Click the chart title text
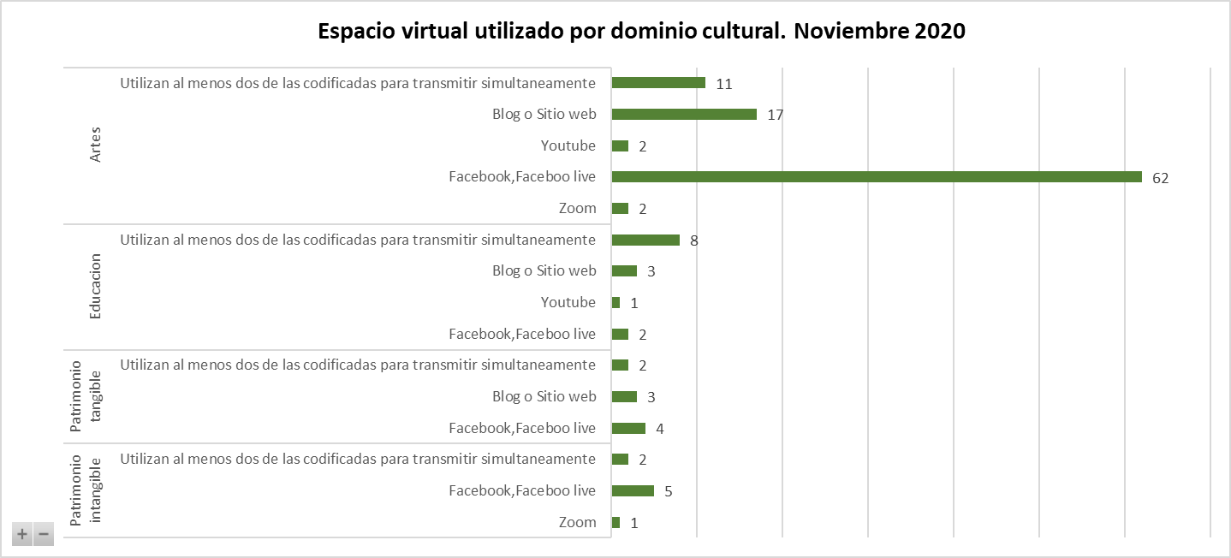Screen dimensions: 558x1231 coord(641,32)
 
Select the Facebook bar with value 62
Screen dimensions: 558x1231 coord(877,177)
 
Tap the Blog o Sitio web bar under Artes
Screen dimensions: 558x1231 coord(684,115)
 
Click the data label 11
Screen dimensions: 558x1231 coord(724,84)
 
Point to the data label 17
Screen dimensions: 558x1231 coord(776,115)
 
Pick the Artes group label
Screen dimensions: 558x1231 coord(96,146)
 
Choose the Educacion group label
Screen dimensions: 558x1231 coord(96,287)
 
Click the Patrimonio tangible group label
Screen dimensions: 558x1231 coord(86,396)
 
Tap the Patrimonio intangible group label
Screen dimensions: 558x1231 coord(86,490)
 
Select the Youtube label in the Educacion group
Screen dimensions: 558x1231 coord(568,302)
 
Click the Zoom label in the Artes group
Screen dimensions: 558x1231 coord(577,208)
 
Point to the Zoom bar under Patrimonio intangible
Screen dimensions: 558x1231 coord(615,522)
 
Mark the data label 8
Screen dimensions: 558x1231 coord(694,240)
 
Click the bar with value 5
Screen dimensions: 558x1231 coord(633,491)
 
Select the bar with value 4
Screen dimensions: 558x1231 coord(628,428)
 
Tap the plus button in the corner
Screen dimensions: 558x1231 coord(22,535)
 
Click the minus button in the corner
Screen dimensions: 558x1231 coord(43,535)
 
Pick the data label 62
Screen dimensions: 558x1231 coord(1160,178)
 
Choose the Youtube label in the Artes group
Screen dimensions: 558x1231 coord(568,145)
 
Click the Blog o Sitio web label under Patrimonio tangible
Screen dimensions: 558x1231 coord(544,396)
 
